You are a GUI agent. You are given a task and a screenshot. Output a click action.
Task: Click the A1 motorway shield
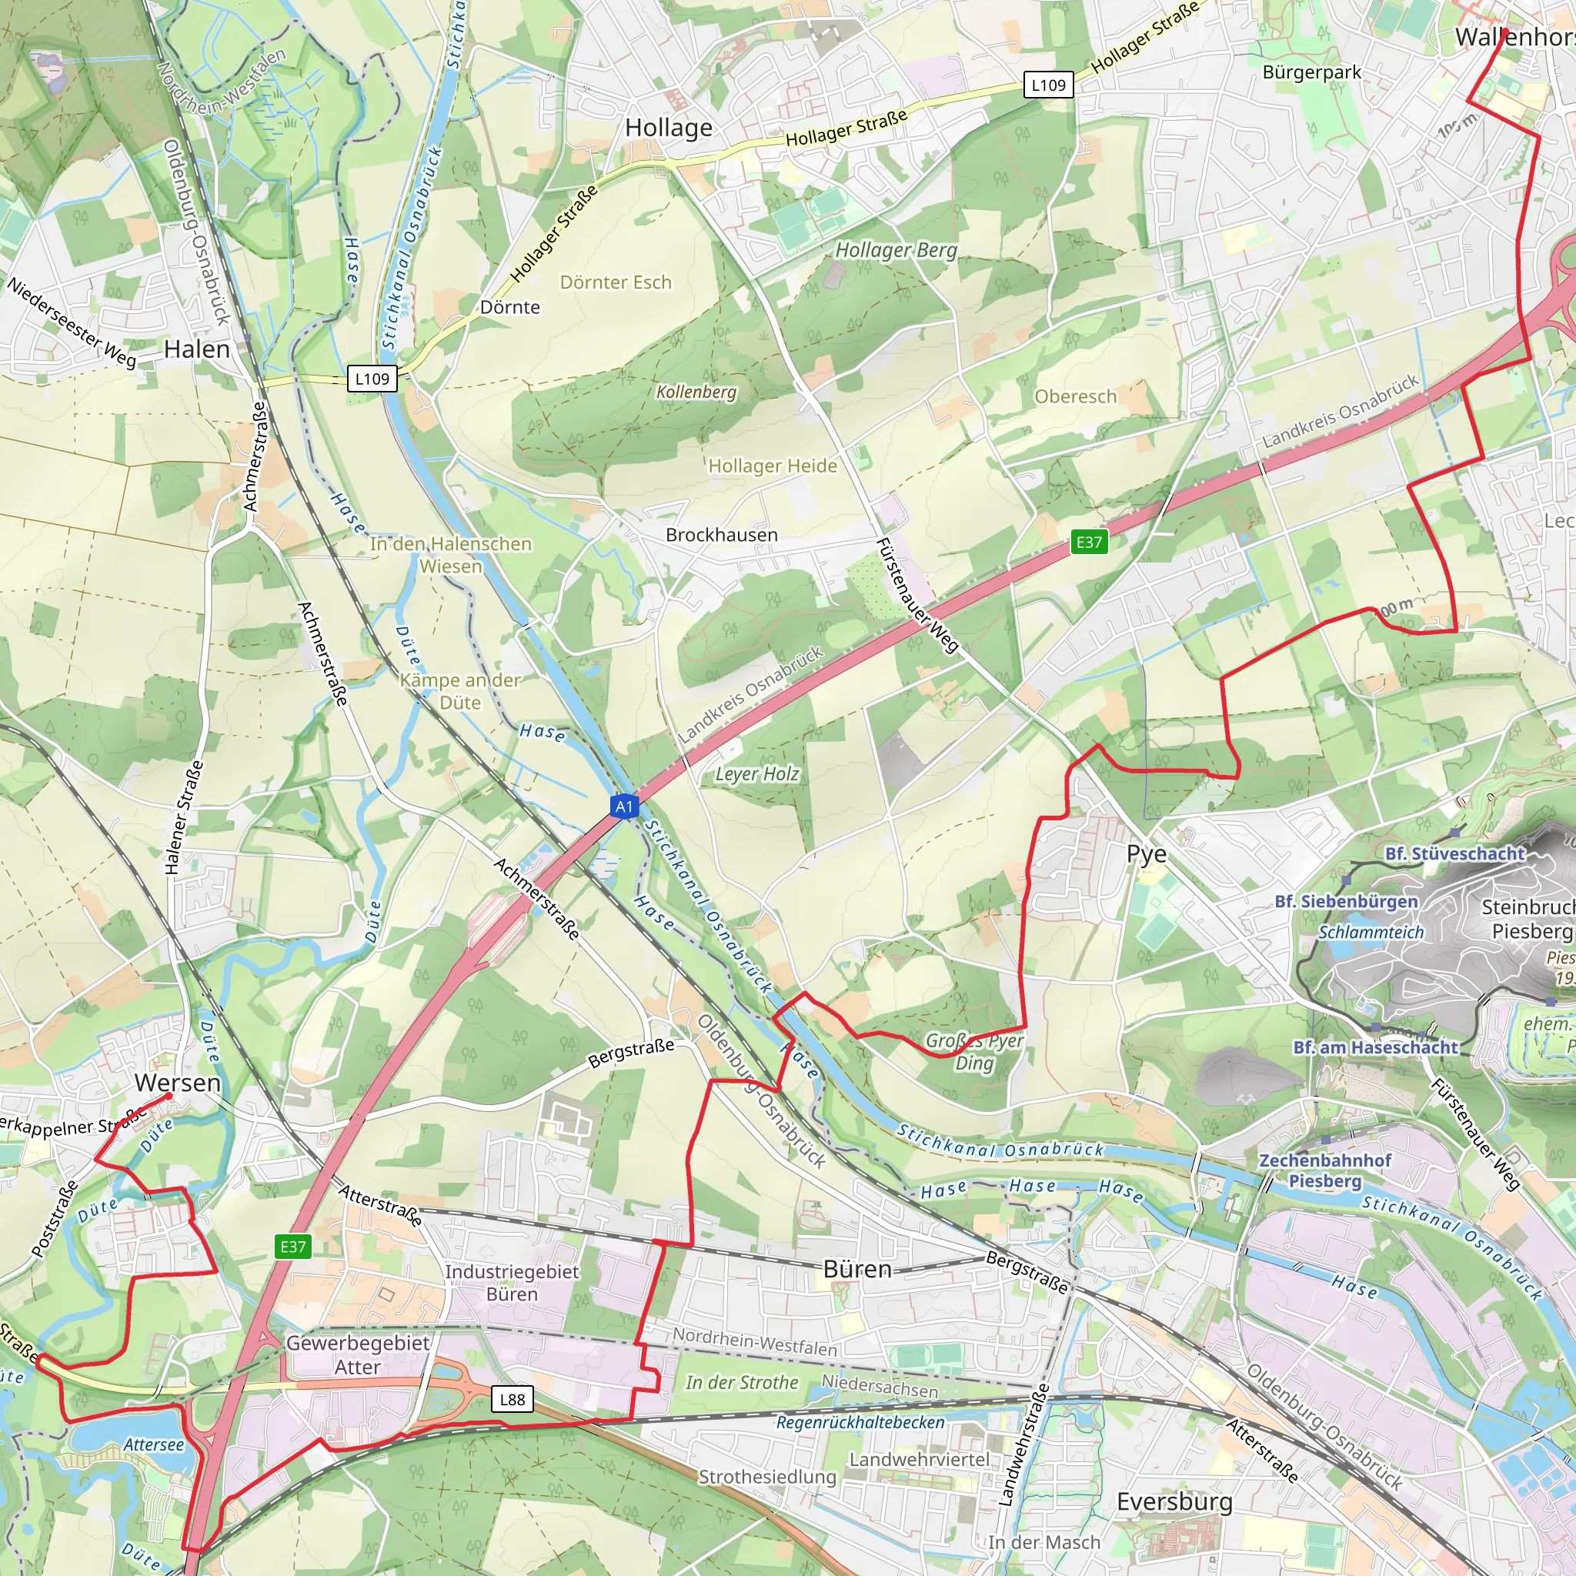point(624,806)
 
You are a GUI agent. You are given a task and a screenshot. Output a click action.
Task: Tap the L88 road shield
point(513,1399)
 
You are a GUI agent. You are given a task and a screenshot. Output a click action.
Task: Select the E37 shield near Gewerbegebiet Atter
point(293,1247)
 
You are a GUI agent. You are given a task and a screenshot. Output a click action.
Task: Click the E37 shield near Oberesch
point(1089,542)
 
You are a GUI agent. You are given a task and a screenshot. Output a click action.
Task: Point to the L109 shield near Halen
point(372,379)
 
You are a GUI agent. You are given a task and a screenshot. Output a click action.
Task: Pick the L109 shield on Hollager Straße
point(1048,85)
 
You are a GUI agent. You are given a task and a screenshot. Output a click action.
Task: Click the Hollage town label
point(669,128)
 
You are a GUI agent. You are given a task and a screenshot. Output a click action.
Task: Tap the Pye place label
point(1146,854)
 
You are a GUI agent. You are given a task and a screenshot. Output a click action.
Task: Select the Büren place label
point(857,1269)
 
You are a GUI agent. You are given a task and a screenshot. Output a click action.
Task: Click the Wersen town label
point(178,1083)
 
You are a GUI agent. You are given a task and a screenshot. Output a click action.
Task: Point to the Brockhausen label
point(722,535)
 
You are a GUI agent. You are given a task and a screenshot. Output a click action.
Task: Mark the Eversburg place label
point(1174,1502)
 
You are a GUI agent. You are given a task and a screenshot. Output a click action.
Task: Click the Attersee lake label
point(154,1444)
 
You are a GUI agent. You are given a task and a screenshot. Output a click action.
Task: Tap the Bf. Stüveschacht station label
point(1454,854)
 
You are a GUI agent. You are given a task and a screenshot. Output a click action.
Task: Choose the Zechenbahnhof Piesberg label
point(1325,1170)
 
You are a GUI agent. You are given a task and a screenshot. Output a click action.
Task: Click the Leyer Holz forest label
point(757,774)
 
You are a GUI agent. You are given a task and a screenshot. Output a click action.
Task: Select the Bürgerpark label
point(1312,72)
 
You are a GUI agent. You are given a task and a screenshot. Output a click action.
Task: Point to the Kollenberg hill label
point(696,392)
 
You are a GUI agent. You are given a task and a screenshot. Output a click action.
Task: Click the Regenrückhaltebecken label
point(860,1423)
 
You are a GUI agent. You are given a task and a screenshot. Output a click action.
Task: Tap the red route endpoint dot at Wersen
point(169,1097)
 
